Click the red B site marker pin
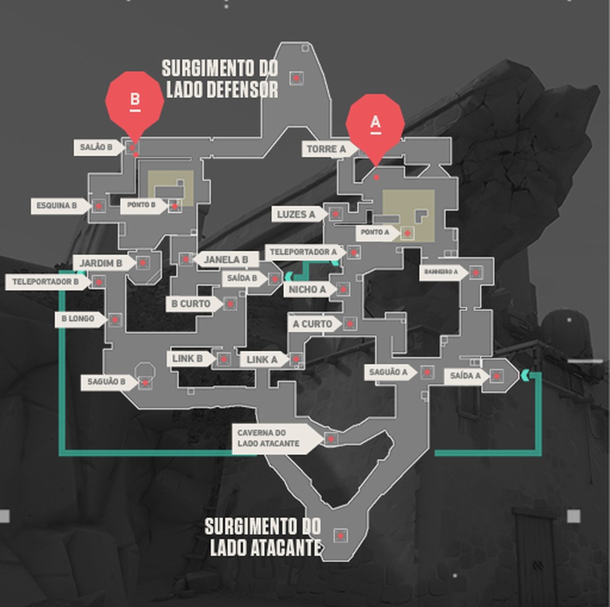click(135, 102)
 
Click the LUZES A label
click(298, 214)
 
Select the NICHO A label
click(307, 289)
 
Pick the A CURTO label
click(314, 324)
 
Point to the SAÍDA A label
click(464, 376)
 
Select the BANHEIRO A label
click(442, 272)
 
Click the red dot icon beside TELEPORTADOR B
click(98, 282)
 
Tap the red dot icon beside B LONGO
click(114, 320)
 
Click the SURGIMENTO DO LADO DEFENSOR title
click(221, 79)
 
